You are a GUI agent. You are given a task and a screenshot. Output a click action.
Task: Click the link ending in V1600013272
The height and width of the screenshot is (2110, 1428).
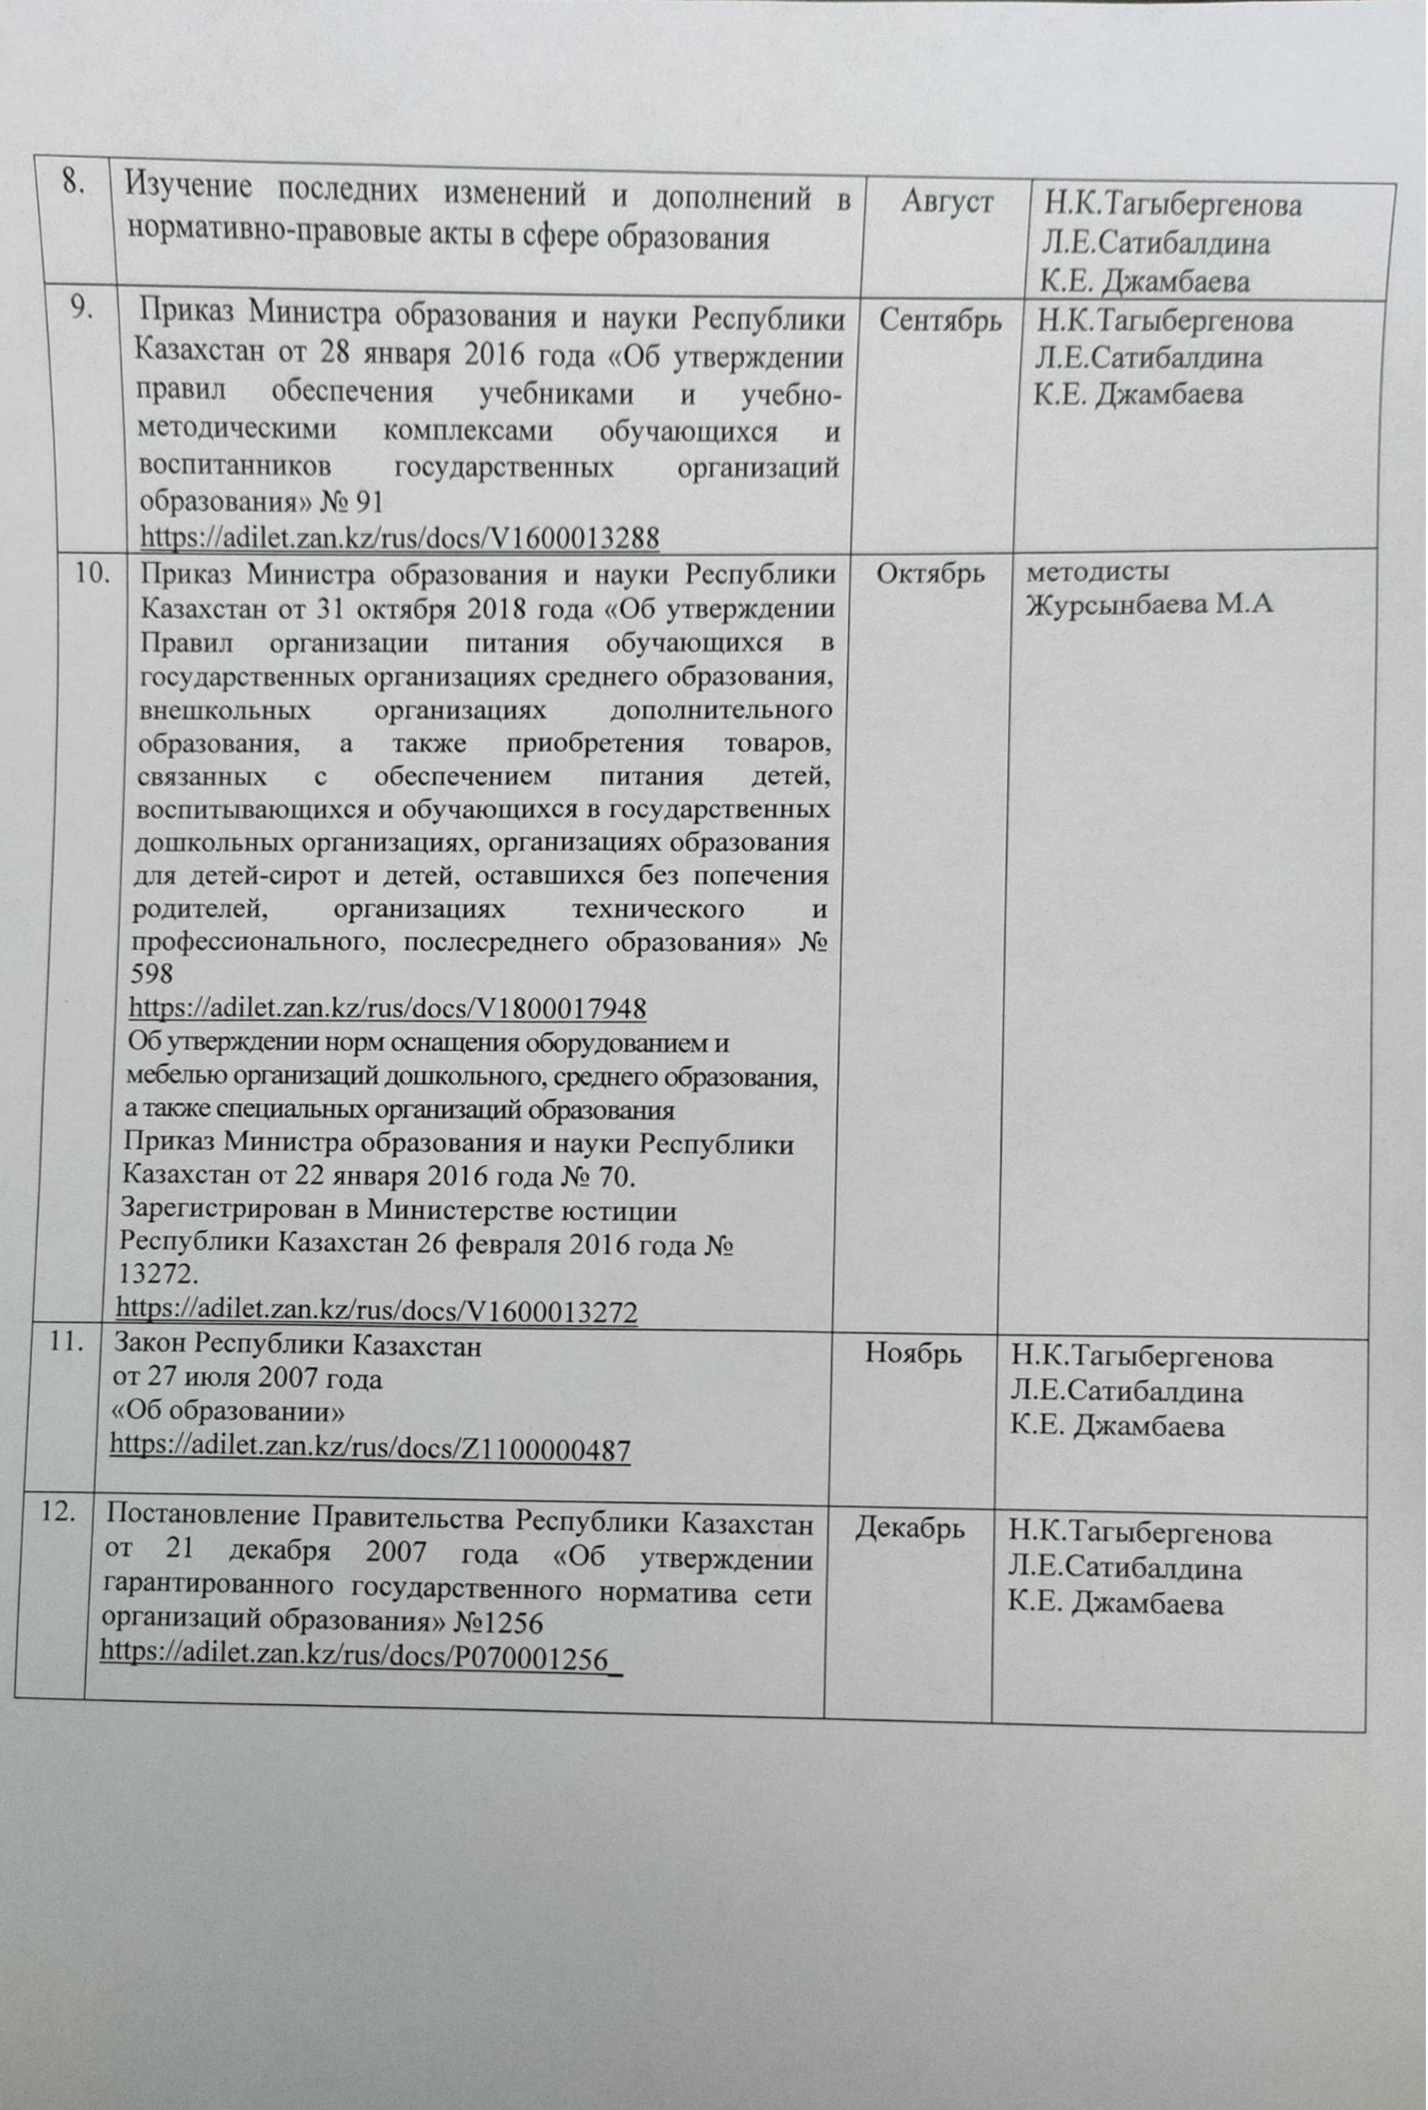click(x=378, y=1311)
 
